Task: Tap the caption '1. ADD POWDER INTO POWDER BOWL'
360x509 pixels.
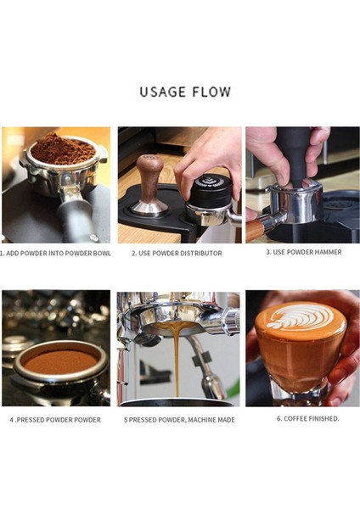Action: [55, 253]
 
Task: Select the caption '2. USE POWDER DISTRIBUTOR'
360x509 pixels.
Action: [177, 253]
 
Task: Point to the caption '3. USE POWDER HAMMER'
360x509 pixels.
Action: [303, 252]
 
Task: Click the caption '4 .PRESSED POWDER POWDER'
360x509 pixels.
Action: [55, 419]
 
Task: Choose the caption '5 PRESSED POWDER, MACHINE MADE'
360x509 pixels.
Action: [178, 419]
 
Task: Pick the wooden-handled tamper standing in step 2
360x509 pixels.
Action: [150, 182]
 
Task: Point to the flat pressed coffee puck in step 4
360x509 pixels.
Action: [59, 361]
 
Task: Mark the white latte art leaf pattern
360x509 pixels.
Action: [300, 318]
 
